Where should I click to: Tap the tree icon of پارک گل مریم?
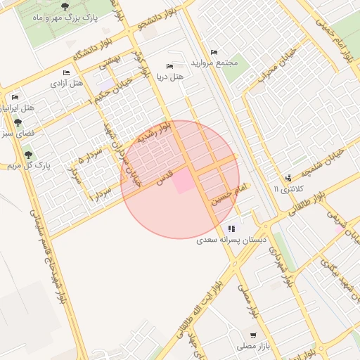coord(28,155)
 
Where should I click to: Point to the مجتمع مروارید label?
coord(218,63)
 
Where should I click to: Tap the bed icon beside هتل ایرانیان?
coord(15,98)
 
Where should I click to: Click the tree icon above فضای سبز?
coord(18,122)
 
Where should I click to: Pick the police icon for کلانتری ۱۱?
coord(288,178)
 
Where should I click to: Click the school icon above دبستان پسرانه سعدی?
coord(231,229)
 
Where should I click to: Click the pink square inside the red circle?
coord(183,181)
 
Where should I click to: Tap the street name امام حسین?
coord(233,193)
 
